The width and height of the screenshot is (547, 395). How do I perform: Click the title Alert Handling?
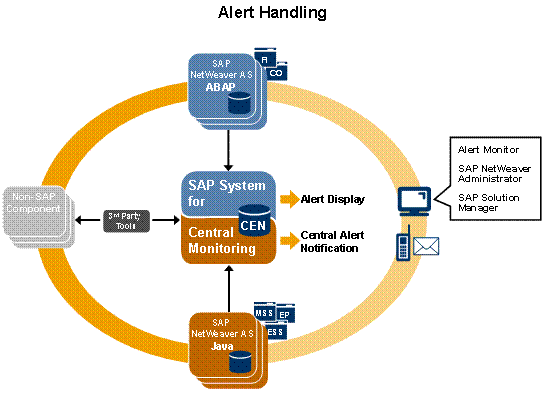pos(272,14)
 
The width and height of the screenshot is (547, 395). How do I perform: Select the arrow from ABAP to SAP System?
pos(229,150)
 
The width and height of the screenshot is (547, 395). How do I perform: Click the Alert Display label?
pos(331,199)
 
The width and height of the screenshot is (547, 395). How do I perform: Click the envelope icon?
pos(428,244)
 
